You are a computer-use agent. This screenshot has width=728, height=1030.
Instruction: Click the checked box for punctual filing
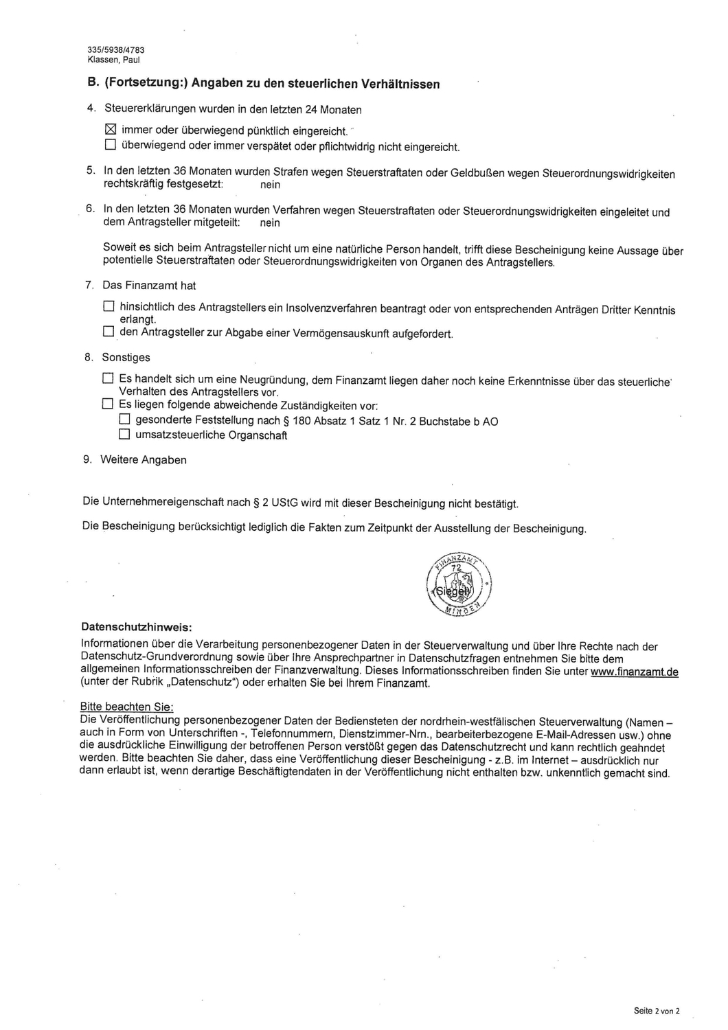coord(111,129)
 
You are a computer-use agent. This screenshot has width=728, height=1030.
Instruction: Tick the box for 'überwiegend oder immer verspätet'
coord(111,145)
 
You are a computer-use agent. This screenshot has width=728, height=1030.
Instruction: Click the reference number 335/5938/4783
coord(116,50)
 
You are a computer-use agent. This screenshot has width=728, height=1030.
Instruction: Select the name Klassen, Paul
coord(114,60)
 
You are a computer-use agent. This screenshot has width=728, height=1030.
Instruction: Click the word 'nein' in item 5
coord(270,185)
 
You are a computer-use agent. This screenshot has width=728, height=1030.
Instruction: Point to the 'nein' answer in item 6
coord(270,222)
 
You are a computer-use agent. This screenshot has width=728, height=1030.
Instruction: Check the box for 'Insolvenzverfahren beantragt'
coord(109,306)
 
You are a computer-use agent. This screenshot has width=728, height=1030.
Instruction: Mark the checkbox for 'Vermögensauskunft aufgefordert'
coord(109,332)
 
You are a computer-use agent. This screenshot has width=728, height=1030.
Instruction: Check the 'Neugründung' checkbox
coord(108,378)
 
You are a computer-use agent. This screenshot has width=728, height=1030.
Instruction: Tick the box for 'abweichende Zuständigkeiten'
coord(108,404)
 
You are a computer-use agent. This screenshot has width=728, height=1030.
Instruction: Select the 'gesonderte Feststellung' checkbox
coord(124,419)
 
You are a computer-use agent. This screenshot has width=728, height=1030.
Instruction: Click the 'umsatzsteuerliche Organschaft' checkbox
coord(124,434)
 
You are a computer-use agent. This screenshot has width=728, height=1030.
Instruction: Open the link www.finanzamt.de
coord(634,671)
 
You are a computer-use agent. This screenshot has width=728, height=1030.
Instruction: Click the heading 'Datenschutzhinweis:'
coord(137,627)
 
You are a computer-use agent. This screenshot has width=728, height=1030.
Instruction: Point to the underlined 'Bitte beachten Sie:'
coord(127,707)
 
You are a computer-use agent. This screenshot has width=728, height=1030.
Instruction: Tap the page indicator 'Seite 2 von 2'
coord(656,1011)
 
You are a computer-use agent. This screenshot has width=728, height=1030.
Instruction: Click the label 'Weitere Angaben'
coord(144,459)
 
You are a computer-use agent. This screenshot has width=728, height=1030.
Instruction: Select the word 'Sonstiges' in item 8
coord(126,357)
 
